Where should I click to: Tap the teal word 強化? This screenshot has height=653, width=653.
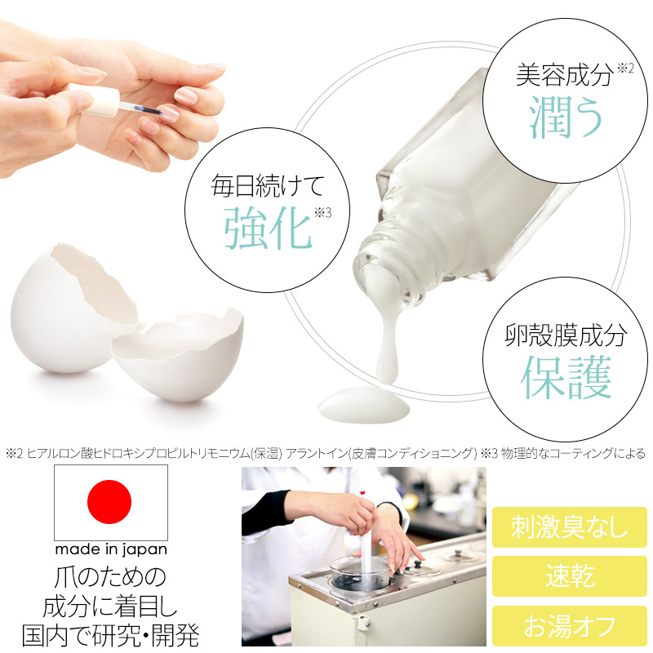coord(268,228)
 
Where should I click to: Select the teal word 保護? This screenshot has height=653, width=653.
coord(566,377)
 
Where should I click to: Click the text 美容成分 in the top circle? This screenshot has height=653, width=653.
coord(564,75)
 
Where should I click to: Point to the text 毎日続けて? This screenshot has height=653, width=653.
coord(267,185)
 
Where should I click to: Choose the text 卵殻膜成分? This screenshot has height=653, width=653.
coord(566,335)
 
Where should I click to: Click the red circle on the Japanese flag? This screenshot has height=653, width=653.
coord(109,502)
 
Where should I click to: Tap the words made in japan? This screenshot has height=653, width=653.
coord(111,549)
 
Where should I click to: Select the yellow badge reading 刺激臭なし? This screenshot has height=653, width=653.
coord(569,527)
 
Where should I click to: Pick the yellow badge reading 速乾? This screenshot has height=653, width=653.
coord(569,576)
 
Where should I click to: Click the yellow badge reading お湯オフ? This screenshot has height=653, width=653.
coord(569,626)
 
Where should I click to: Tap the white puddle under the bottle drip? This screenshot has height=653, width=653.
coord(363,405)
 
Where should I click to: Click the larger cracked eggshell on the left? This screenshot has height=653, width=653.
coord(73,309)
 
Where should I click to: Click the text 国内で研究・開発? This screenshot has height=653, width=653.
coord(110,635)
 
